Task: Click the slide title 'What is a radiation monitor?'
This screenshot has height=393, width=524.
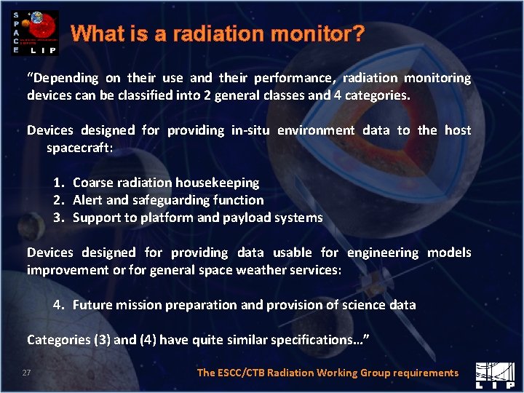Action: [218, 33]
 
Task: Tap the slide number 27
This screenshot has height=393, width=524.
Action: [26, 373]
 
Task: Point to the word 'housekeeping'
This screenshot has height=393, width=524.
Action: [221, 183]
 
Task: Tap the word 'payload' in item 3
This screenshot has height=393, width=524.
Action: [250, 218]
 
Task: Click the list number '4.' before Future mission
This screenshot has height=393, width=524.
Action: [59, 305]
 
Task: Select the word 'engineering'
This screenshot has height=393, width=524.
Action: [383, 253]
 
